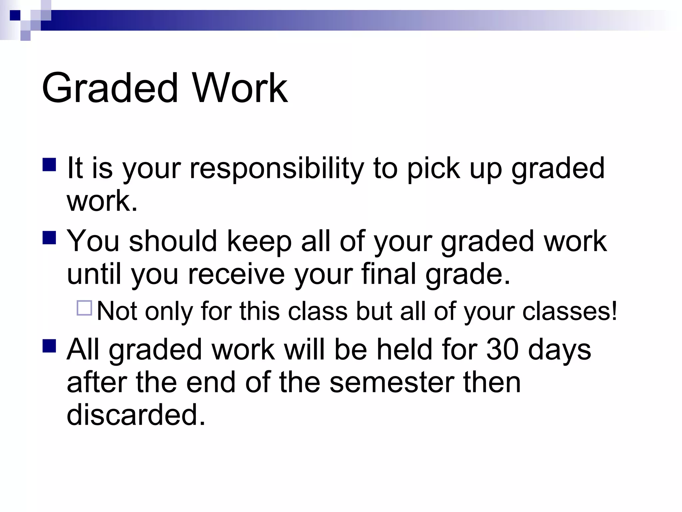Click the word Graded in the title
coord(110,88)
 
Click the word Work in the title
coord(240,88)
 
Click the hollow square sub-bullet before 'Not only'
coord(84,308)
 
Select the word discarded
coord(136,415)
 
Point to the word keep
coord(259,241)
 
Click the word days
coord(559,350)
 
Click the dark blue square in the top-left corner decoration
coord(15,15)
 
